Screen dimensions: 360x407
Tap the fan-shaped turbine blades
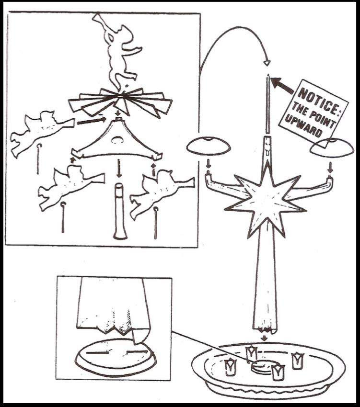tap(120, 102)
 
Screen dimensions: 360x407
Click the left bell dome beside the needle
tap(209, 146)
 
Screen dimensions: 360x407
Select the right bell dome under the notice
tap(332, 148)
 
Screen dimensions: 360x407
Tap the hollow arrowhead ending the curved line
tap(267, 63)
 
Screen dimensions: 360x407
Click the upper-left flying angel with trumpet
tap(42, 133)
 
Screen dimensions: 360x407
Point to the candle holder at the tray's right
tap(297, 361)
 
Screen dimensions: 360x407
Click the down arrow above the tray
tap(265, 338)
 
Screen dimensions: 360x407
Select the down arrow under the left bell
tap(208, 164)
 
